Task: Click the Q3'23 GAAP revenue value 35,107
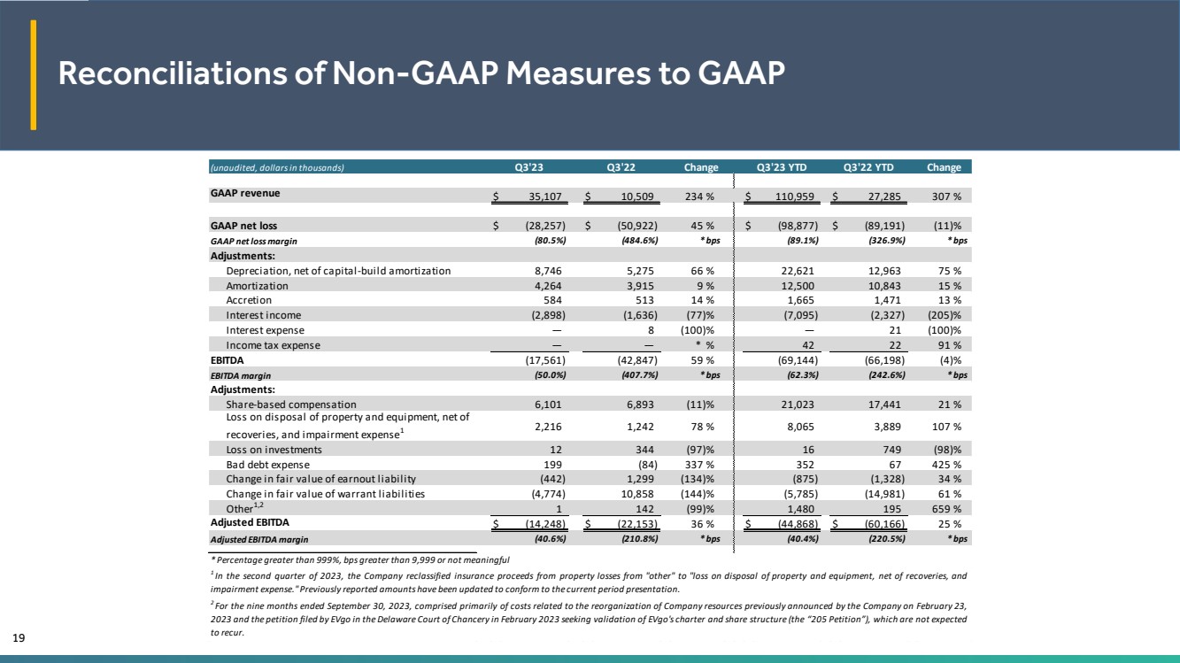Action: tap(545, 197)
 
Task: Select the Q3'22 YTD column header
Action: tap(868, 167)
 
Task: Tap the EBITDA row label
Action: tap(227, 360)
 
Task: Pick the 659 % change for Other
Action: tap(946, 509)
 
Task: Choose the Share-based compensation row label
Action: tap(290, 405)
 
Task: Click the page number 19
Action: tap(19, 638)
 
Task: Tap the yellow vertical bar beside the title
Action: tap(33, 74)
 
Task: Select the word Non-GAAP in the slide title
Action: tap(414, 73)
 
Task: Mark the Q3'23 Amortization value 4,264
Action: tap(548, 286)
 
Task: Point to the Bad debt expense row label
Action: tap(267, 465)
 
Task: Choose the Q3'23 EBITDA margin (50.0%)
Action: tap(550, 375)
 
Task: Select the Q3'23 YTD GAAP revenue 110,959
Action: tap(794, 197)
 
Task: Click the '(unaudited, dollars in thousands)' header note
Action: tap(277, 168)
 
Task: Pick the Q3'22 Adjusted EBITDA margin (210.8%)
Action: tap(639, 539)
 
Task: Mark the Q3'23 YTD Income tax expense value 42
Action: tap(807, 345)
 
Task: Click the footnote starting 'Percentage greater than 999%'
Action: tap(359, 559)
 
